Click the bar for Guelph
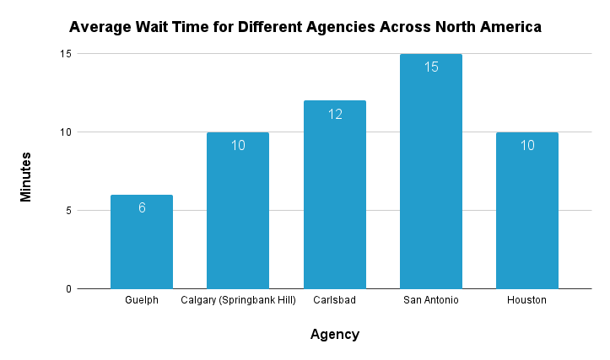142,244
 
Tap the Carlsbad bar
334,202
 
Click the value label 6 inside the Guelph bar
142,207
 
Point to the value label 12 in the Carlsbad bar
334,114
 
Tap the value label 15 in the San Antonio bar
430,67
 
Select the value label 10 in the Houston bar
527,145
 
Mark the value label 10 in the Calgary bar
238,145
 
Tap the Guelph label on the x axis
142,300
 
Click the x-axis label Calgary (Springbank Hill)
238,300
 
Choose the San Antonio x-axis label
430,300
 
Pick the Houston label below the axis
527,300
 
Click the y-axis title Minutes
26,176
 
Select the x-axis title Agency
334,335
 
